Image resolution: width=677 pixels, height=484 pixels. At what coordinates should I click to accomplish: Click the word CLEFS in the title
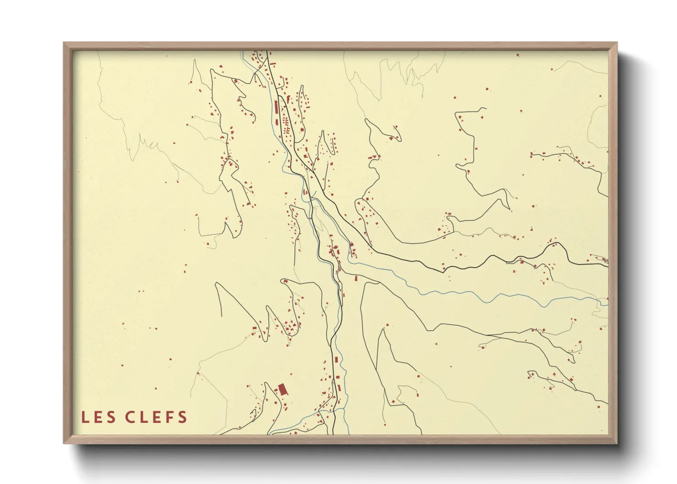156,417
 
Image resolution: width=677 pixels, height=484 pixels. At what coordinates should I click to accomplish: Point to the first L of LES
85,417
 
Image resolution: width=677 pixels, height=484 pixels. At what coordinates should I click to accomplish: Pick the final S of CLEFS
183,417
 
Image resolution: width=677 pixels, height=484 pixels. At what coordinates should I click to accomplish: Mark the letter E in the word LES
98,417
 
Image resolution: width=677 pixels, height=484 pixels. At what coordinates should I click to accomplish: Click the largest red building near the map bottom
282,389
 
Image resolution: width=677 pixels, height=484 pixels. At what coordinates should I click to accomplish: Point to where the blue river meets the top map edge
242,52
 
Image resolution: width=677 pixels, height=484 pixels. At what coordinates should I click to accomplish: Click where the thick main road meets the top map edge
267,52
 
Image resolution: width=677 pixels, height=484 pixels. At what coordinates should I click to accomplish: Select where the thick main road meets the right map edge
607,264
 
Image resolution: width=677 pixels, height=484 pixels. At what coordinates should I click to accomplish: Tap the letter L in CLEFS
143,417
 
